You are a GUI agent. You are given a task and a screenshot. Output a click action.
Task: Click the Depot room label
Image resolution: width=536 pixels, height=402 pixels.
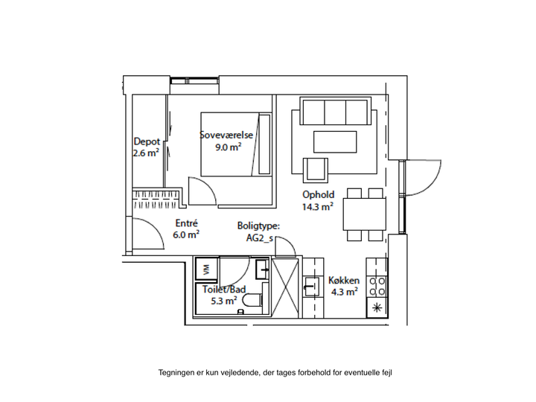[x=147, y=141]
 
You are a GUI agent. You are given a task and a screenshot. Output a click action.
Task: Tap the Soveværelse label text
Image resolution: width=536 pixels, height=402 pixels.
[x=226, y=135]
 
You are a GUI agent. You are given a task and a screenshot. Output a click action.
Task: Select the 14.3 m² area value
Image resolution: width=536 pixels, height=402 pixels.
[x=318, y=206]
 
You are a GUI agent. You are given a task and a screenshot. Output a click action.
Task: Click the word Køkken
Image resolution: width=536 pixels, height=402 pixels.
[x=344, y=281]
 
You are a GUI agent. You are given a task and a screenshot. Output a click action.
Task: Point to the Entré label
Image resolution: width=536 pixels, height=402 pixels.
[x=186, y=223]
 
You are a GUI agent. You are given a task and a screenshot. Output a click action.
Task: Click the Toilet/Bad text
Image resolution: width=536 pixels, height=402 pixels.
[x=224, y=289]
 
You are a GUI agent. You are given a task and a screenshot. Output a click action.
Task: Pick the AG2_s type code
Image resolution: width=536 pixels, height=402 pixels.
[x=260, y=238]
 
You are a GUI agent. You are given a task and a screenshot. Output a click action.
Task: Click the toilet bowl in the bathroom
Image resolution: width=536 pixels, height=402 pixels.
[x=252, y=300]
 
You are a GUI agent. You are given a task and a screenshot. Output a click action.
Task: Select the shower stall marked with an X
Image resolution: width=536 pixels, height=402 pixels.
[x=284, y=288]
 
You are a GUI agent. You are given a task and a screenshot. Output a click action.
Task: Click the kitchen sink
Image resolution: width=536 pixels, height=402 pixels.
[x=311, y=287]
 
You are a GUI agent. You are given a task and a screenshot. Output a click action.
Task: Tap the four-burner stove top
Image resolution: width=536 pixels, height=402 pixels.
[x=377, y=287]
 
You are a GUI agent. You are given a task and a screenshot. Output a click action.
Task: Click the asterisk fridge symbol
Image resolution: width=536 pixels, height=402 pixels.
[x=377, y=307]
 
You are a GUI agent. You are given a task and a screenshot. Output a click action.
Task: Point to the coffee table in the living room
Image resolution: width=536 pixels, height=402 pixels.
[x=335, y=142]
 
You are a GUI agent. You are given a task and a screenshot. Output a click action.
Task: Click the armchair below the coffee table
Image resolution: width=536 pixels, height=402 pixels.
[x=316, y=170]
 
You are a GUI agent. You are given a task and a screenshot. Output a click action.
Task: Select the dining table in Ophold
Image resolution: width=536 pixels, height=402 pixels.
[x=365, y=214]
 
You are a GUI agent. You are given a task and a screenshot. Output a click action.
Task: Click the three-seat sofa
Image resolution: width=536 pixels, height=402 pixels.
[x=335, y=112]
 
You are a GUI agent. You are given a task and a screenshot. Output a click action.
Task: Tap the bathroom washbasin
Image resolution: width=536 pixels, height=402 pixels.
[x=263, y=269]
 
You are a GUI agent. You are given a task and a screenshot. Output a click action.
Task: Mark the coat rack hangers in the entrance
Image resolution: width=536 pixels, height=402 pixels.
[x=156, y=200]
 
